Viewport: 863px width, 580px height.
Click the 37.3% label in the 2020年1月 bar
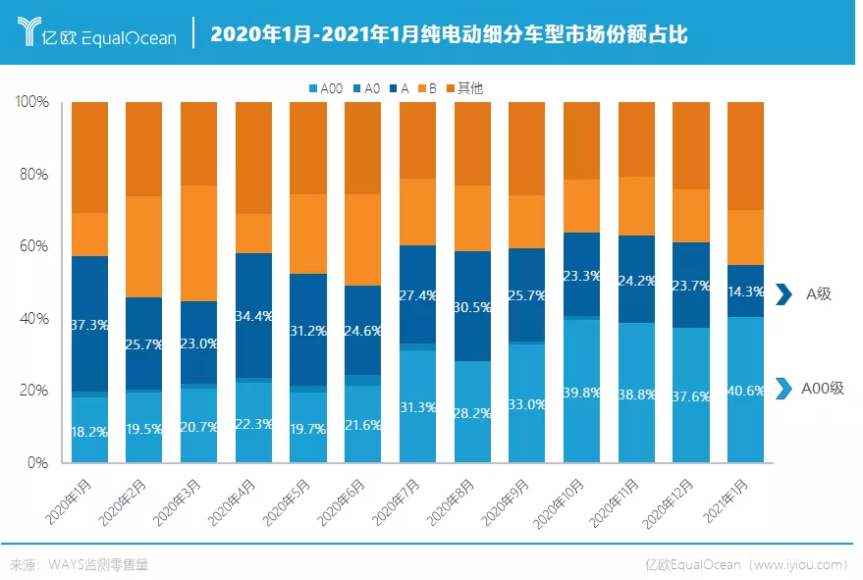(89, 325)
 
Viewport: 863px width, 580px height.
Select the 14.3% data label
(745, 291)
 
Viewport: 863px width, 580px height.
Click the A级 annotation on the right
(818, 293)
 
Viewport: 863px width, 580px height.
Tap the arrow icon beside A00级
(782, 389)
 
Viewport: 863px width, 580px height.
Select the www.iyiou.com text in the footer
(796, 564)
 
